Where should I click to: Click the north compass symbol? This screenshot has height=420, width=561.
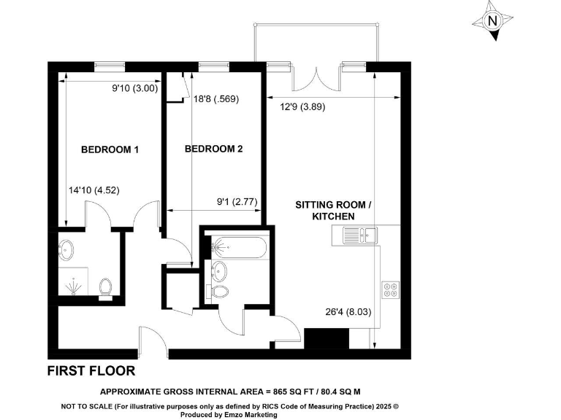pos(492,20)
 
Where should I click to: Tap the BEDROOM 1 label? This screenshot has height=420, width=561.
pos(110,149)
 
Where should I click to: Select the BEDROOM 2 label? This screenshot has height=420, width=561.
pos(213,149)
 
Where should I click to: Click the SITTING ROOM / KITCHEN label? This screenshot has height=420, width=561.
pos(334,211)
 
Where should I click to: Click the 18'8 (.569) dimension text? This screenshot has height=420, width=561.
pos(216,99)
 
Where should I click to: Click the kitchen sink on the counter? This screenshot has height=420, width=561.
pos(359,235)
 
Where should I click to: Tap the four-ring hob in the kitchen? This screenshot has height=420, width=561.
pos(390,289)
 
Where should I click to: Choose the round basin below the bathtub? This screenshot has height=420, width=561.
pos(219,271)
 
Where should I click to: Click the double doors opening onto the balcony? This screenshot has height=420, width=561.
pos(316,78)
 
